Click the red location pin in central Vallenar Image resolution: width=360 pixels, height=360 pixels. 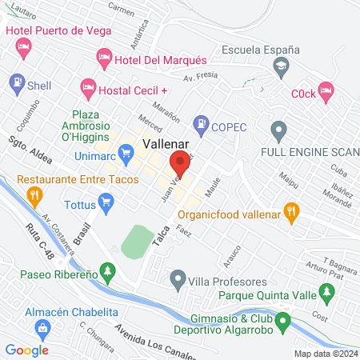(x=180, y=163)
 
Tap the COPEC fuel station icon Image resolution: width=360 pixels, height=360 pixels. (x=200, y=124)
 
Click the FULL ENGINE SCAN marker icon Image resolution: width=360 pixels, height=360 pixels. (x=278, y=129)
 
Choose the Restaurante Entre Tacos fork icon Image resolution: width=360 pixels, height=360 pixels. (x=34, y=194)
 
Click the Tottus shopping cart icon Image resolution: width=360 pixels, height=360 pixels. (x=104, y=200)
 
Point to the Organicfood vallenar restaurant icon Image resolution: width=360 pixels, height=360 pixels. (x=292, y=211)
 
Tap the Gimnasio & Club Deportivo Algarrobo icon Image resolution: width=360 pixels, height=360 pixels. (x=282, y=323)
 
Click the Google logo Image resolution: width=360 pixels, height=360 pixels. (x=26, y=350)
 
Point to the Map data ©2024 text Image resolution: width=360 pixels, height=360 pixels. (x=325, y=353)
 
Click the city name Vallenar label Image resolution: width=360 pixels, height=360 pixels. (x=166, y=144)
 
